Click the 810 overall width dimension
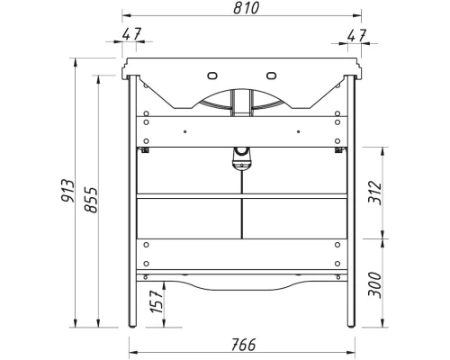(x=240, y=9)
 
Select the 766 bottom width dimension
(x=240, y=343)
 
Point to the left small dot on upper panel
(x=184, y=132)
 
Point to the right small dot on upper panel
(x=296, y=132)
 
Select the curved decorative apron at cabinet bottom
(x=240, y=283)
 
